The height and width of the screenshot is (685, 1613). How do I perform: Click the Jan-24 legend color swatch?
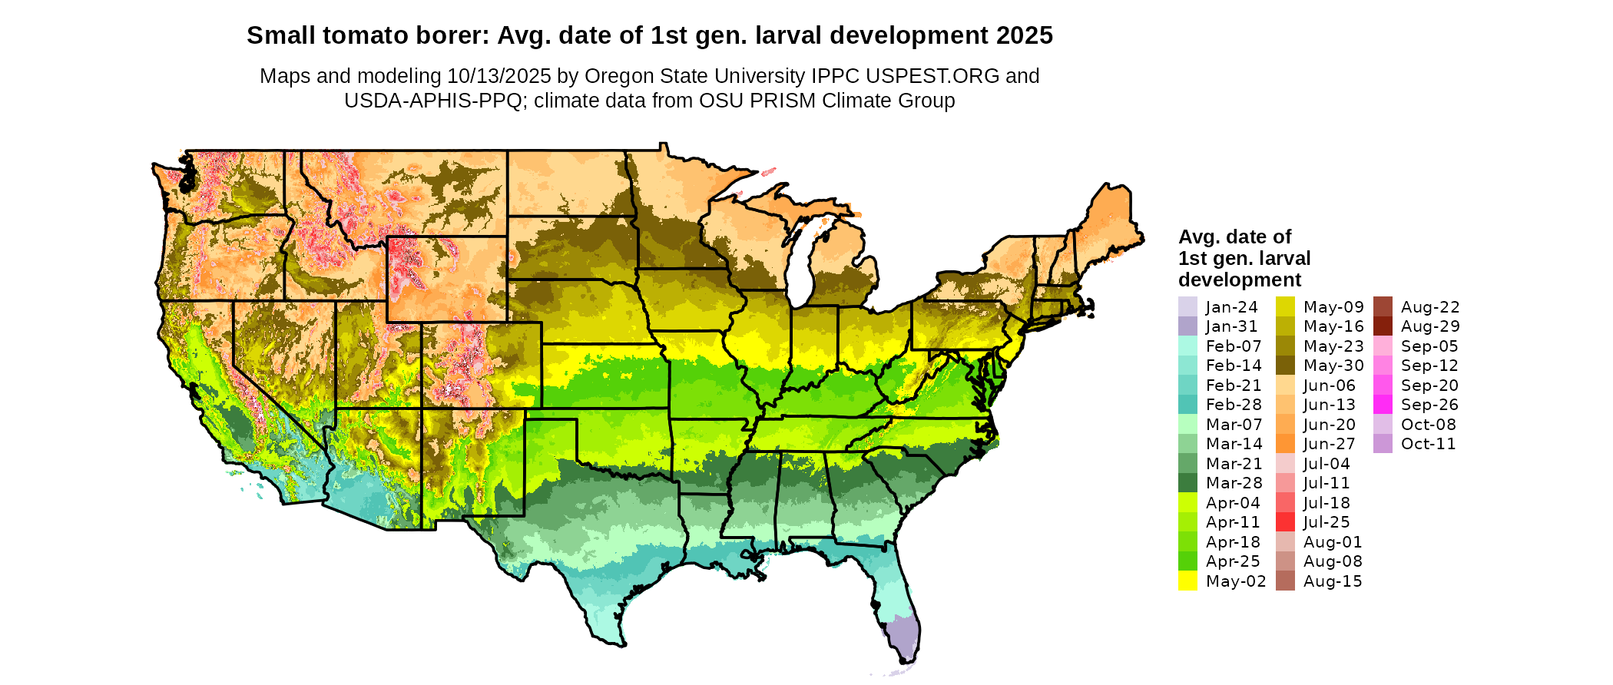tap(1187, 306)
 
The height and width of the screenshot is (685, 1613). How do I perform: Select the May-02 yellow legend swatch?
tap(1187, 581)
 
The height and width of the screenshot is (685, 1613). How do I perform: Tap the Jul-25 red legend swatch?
tap(1285, 522)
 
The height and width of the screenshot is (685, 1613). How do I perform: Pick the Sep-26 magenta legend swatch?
tap(1383, 405)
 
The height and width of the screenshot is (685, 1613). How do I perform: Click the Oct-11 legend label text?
tap(1428, 444)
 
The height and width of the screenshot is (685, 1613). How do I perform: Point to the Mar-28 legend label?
tap(1234, 483)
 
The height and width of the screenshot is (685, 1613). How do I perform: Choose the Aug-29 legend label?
tap(1430, 326)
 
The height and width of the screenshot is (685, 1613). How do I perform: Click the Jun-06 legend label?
tap(1330, 386)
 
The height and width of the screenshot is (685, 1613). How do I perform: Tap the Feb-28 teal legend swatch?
tap(1187, 405)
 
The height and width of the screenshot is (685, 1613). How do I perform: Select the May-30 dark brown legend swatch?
tap(1285, 366)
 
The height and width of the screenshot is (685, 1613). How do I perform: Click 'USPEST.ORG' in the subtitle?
tap(932, 76)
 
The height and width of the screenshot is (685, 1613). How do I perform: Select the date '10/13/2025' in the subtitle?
tap(499, 76)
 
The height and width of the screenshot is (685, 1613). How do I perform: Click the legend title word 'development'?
tap(1240, 280)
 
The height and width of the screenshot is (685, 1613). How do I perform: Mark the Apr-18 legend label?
tap(1234, 542)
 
